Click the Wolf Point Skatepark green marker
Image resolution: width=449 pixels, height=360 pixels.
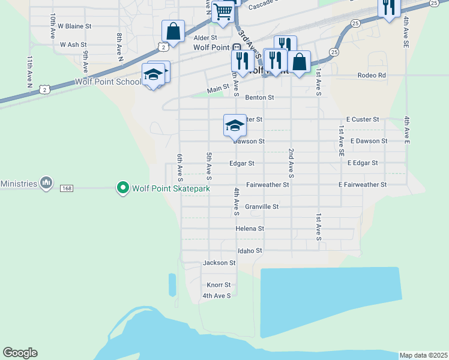[123, 188]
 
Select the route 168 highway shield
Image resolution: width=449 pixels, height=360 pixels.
[67, 188]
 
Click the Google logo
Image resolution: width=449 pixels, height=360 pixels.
[20, 353]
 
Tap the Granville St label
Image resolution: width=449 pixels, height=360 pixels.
[262, 206]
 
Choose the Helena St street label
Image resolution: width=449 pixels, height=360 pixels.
[250, 229]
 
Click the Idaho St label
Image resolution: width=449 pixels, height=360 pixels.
[250, 250]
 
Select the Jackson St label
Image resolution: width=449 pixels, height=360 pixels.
[219, 263]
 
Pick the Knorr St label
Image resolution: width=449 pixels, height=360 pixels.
[218, 285]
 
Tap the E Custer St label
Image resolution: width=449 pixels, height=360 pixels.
[364, 119]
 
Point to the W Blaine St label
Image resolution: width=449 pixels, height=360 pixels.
[74, 26]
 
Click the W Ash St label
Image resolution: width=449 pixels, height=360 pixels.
[74, 44]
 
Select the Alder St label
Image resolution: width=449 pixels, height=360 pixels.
[205, 37]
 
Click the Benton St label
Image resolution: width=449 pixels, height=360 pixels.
[259, 97]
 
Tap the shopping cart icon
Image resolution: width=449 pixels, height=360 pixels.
[223, 11]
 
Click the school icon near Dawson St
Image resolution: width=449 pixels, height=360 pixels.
[235, 125]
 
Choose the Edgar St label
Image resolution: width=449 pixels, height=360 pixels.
[242, 163]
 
